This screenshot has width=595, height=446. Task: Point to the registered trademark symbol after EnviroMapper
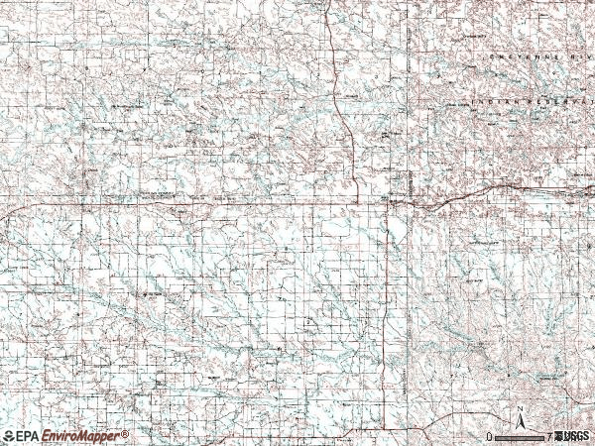tap(126, 433)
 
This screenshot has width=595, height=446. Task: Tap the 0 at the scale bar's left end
tap(488, 436)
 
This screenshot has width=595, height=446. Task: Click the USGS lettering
tap(576, 436)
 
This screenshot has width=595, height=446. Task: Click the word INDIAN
tap(488, 101)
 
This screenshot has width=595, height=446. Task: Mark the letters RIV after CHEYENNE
tap(578, 58)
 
